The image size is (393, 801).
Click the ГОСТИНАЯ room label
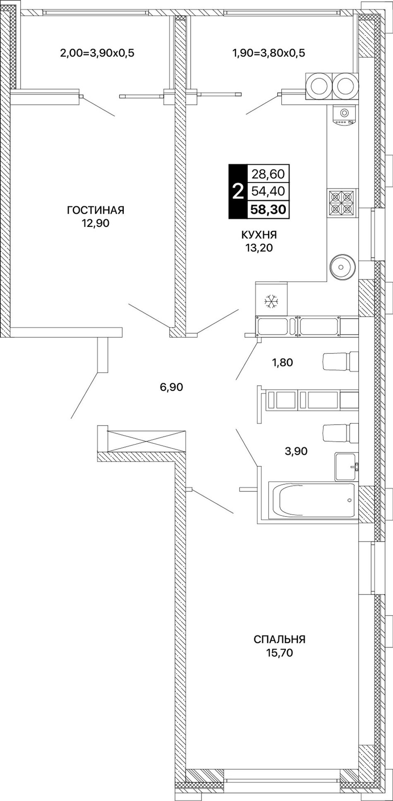(x=96, y=210)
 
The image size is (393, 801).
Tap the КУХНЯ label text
(x=259, y=235)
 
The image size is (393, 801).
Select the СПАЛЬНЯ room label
(x=280, y=640)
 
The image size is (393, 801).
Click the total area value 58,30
(x=268, y=209)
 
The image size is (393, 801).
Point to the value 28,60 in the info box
(x=268, y=174)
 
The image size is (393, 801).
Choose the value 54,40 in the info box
(x=268, y=192)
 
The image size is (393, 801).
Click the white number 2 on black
(x=237, y=192)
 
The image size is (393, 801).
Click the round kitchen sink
(x=343, y=266)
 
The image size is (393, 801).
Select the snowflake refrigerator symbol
(x=271, y=301)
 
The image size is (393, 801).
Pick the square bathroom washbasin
(x=346, y=467)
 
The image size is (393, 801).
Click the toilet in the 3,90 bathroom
(x=340, y=433)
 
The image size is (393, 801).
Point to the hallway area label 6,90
(x=171, y=387)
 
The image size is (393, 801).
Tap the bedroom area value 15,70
(x=280, y=653)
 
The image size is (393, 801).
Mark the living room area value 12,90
(x=96, y=224)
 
